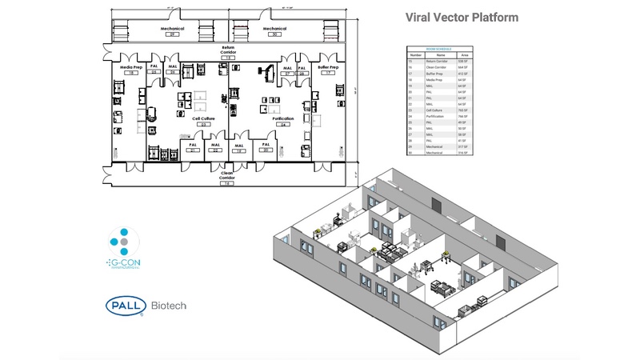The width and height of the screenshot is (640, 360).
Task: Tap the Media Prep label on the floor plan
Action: (131, 69)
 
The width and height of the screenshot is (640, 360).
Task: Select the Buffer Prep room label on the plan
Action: (328, 69)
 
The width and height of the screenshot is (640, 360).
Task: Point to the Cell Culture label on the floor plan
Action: (203, 119)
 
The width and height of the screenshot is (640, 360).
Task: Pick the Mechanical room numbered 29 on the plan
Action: (171, 30)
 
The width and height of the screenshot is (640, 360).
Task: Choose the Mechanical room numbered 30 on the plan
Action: (274, 30)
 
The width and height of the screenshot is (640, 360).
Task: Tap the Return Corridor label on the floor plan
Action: (228, 51)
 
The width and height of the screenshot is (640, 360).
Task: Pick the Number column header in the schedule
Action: (415, 54)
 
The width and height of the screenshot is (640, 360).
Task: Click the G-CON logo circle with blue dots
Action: (124, 242)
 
